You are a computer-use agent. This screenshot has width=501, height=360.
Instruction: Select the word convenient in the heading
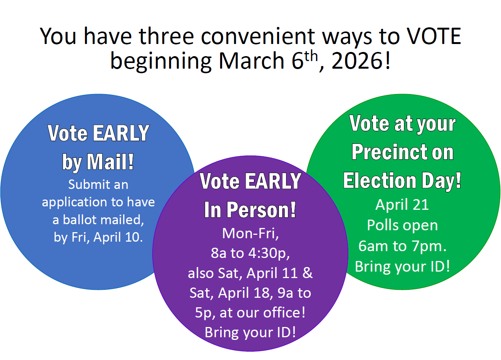click(258, 36)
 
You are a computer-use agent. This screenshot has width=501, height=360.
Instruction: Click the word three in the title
click(167, 36)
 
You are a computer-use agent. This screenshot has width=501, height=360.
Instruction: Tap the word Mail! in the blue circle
click(110, 162)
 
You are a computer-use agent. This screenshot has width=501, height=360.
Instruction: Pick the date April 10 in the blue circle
click(117, 237)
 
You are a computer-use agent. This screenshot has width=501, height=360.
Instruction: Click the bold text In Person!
click(250, 210)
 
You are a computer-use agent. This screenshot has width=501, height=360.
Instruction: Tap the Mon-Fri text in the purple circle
click(250, 233)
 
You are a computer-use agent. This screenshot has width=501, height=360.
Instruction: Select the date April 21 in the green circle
click(402, 205)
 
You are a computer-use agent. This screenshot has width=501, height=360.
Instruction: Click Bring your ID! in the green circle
click(402, 266)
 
